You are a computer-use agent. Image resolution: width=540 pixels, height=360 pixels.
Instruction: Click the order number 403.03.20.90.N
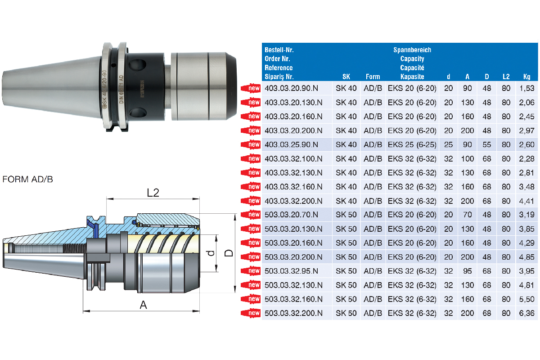pyautogui.click(x=291, y=88)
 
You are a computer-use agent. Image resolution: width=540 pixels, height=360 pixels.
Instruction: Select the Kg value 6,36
pyautogui.click(x=527, y=313)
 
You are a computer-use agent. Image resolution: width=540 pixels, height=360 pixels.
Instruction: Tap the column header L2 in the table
pyautogui.click(x=506, y=76)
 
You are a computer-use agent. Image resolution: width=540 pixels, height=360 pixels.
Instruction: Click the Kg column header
pyautogui.click(x=527, y=77)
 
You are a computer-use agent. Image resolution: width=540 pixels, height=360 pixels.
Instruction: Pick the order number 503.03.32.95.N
pyautogui.click(x=291, y=271)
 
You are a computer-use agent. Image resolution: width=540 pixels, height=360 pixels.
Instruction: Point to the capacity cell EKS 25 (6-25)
pyautogui.click(x=412, y=145)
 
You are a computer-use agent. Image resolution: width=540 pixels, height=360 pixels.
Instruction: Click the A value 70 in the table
pyautogui.click(x=467, y=215)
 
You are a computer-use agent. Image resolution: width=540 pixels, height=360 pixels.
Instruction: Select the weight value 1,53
pyautogui.click(x=527, y=88)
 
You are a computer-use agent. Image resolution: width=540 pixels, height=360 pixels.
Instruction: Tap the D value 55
pyautogui.click(x=487, y=145)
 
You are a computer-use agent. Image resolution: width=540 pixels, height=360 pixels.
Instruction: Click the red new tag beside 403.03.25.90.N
pyautogui.click(x=251, y=145)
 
